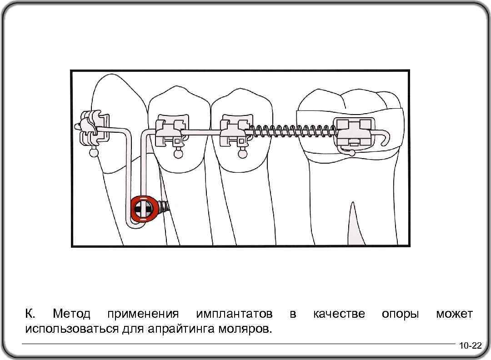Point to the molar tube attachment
click(x=356, y=132)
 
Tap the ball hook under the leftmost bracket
click(x=94, y=153)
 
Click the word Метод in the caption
click(x=71, y=314)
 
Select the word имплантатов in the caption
click(x=234, y=314)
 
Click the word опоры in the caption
click(x=400, y=314)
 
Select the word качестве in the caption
click(x=339, y=314)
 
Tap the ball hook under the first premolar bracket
click(x=177, y=155)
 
